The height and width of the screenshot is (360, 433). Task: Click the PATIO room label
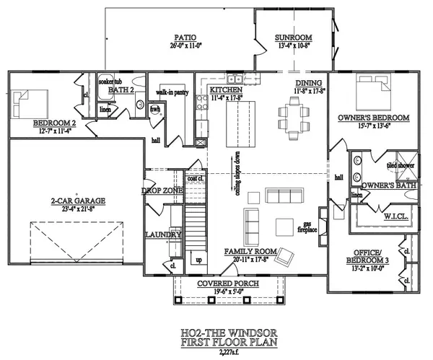pyautogui.click(x=182, y=38)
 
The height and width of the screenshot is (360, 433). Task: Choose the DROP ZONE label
pyautogui.click(x=159, y=190)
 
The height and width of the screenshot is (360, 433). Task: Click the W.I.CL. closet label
pyautogui.click(x=379, y=215)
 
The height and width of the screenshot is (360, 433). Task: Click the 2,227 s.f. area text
pyautogui.click(x=216, y=354)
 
